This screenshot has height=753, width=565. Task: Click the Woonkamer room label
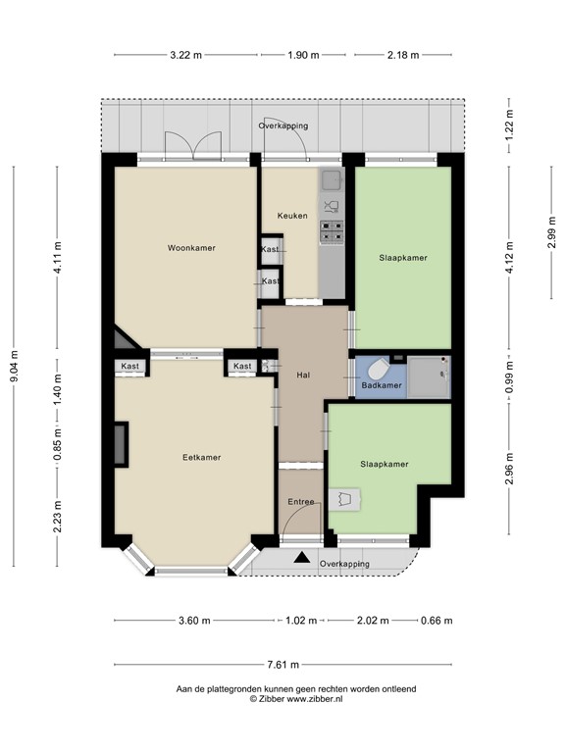(191, 248)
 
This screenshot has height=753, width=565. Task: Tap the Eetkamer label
(202, 457)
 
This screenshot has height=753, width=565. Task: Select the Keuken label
(292, 216)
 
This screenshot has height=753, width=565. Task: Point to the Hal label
(303, 376)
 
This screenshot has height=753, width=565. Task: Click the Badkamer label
(382, 385)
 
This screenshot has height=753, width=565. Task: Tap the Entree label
(301, 502)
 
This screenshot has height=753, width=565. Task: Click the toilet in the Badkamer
(380, 370)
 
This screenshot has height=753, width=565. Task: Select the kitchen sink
(331, 179)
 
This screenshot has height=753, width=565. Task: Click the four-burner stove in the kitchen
(332, 231)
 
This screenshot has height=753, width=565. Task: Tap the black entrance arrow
(302, 558)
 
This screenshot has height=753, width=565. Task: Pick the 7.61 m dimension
(282, 665)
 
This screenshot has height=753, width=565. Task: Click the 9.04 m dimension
(14, 367)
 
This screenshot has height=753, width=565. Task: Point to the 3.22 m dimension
(186, 55)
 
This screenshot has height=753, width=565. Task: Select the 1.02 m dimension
(301, 621)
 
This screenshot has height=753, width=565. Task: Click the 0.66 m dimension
(437, 621)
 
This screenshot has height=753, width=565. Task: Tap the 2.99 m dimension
(551, 232)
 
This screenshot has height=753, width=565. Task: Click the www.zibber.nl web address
(315, 699)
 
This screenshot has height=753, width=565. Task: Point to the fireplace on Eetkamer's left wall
(121, 444)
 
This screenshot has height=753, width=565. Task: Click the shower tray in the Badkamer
(429, 376)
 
